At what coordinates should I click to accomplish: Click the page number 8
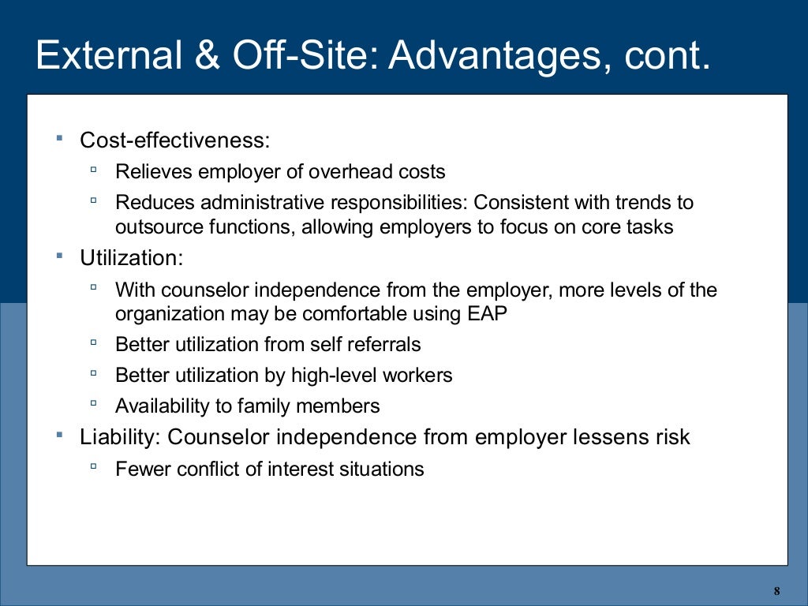point(776,591)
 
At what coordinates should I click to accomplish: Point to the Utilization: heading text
point(131,257)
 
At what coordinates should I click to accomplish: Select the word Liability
point(120,436)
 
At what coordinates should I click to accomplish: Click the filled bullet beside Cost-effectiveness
point(59,139)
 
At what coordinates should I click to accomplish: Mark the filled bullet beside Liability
point(59,435)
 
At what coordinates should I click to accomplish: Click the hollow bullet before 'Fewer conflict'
point(94,467)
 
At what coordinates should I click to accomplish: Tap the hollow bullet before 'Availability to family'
point(94,405)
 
